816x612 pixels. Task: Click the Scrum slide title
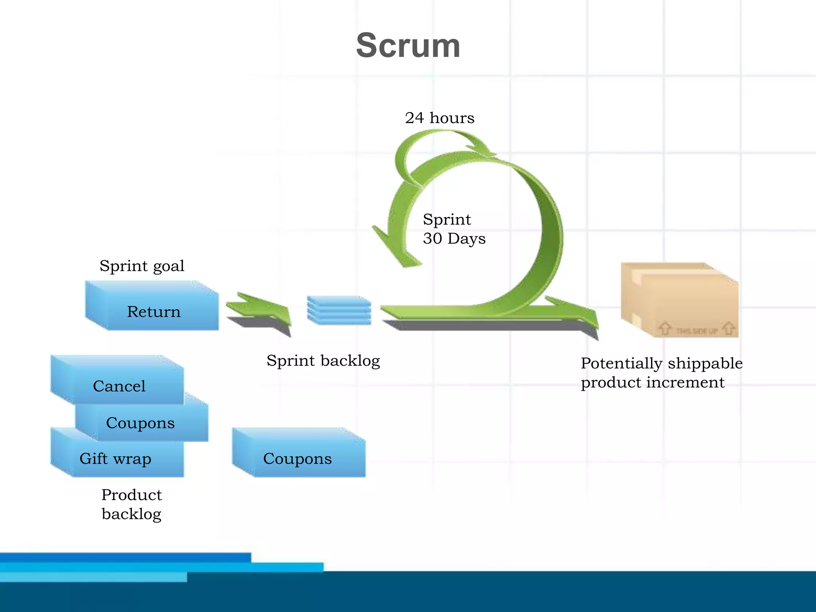click(x=408, y=45)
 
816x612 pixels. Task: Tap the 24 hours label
click(x=439, y=118)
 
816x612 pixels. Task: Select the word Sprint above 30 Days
click(x=447, y=220)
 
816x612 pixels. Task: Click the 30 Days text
click(x=454, y=239)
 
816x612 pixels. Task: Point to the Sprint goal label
click(x=142, y=266)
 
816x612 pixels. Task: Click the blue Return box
click(x=153, y=311)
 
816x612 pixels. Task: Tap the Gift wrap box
click(x=115, y=458)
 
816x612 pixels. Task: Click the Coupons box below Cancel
click(x=141, y=422)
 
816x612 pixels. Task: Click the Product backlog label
click(x=131, y=504)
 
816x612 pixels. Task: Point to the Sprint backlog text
click(x=323, y=361)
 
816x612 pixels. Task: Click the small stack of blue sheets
click(x=339, y=310)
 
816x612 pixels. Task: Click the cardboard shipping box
click(x=679, y=300)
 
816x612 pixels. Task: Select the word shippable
click(x=705, y=363)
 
